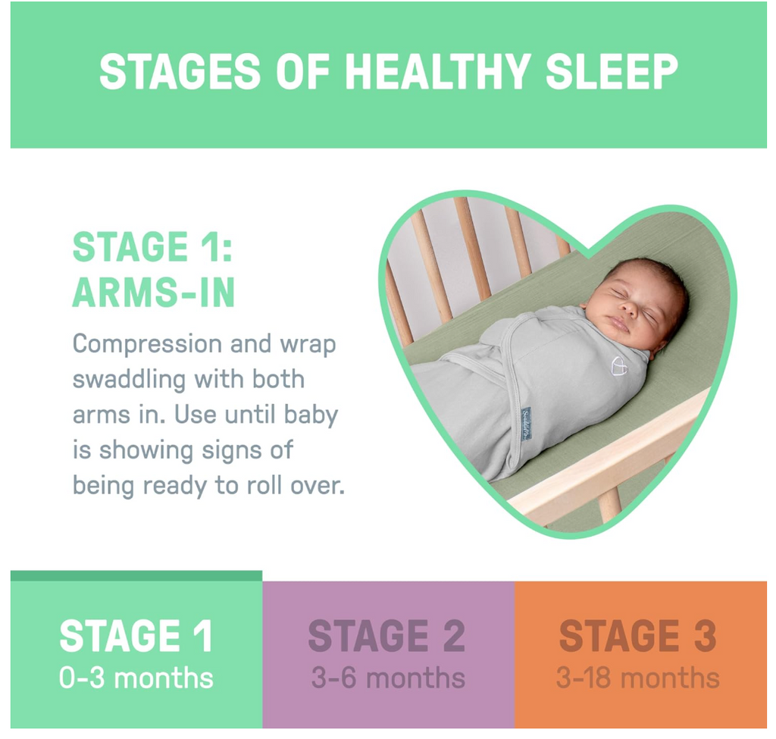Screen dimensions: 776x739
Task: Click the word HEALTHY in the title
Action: pos(437,72)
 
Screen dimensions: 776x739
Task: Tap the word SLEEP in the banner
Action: pos(612,72)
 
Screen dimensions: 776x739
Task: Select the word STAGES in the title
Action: pos(180,72)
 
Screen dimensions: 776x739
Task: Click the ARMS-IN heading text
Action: pos(153,293)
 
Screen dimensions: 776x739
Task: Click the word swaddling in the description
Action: pos(129,380)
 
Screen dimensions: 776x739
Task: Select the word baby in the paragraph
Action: pos(311,415)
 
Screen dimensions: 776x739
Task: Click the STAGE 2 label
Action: pos(386,636)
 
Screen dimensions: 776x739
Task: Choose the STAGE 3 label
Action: pos(637,636)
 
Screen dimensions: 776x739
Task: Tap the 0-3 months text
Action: pos(136,678)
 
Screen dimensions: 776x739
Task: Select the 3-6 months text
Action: pos(388,678)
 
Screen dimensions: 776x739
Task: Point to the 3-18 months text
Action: pos(637,678)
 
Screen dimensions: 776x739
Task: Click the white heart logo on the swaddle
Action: pos(618,366)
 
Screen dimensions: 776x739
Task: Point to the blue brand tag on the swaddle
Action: pos(526,424)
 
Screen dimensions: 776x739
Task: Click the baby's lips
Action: pos(617,324)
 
